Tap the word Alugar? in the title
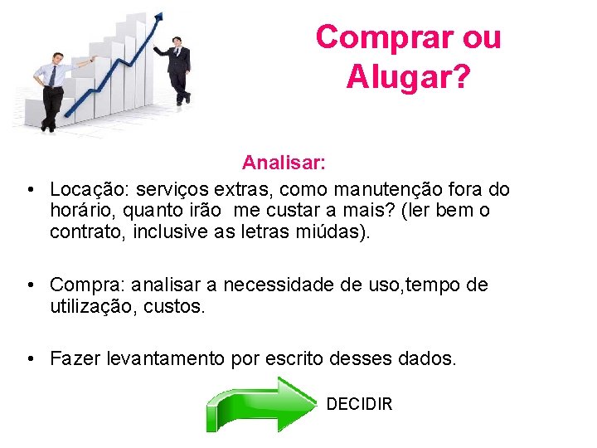pyautogui.click(x=408, y=78)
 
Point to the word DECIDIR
pyautogui.click(x=359, y=404)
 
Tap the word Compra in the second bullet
pyautogui.click(x=82, y=285)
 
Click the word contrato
pyautogui.click(x=82, y=231)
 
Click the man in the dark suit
pyautogui.click(x=178, y=71)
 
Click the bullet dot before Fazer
pyautogui.click(x=30, y=358)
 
